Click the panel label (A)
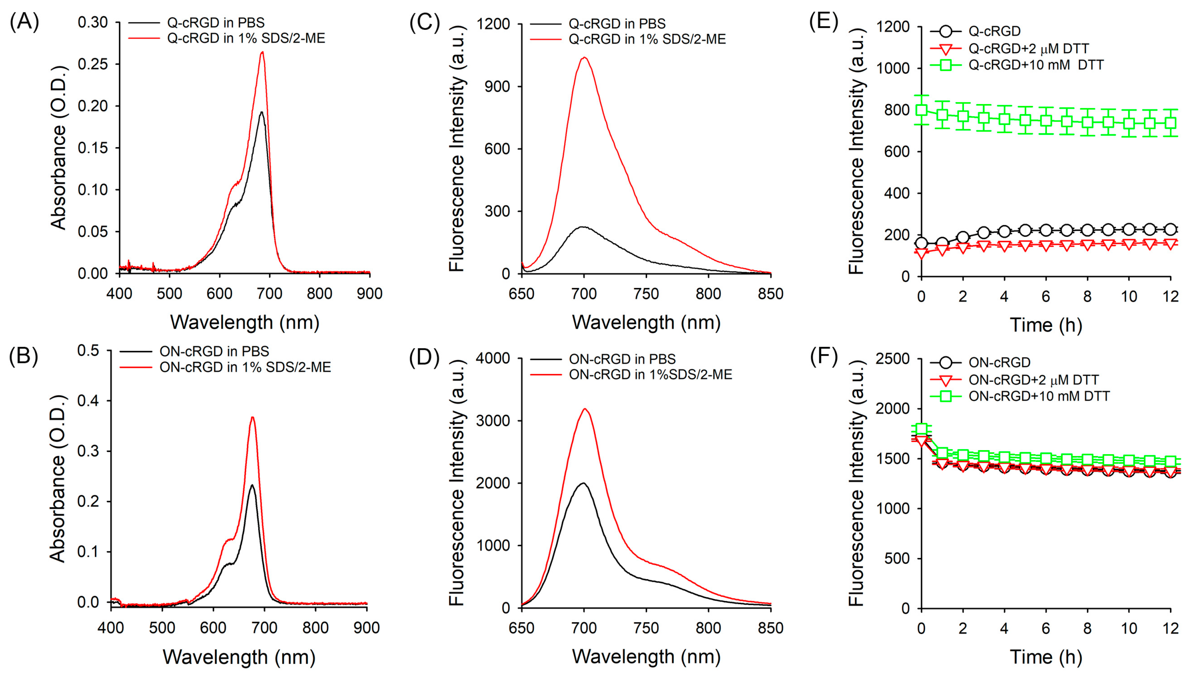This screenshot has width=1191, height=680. [x=24, y=22]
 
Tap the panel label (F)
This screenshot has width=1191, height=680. [x=824, y=356]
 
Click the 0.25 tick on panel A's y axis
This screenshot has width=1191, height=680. [x=92, y=64]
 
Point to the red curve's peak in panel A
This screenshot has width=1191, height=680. [x=262, y=52]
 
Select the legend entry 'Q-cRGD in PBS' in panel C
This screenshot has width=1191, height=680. [x=617, y=23]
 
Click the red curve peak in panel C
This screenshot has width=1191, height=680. [x=584, y=58]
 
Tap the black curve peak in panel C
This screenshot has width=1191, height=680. [x=583, y=227]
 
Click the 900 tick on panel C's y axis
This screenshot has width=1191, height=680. [x=497, y=86]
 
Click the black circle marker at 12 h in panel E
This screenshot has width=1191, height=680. [x=1170, y=229]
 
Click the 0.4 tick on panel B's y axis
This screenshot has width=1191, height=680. [x=89, y=401]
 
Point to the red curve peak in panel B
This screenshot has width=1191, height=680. [x=252, y=417]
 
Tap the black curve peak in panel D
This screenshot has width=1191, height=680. [x=583, y=483]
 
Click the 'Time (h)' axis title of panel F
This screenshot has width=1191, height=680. [x=1046, y=657]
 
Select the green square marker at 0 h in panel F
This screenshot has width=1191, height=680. [x=921, y=429]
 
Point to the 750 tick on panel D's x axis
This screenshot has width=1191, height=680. [x=646, y=628]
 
